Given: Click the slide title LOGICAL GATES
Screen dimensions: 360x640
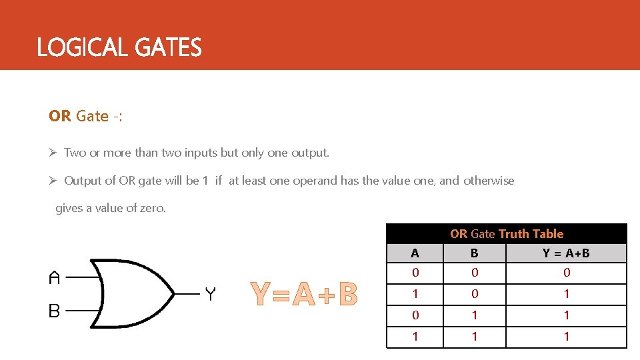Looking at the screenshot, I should (x=119, y=48).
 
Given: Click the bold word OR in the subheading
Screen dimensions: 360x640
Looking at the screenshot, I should (x=59, y=116).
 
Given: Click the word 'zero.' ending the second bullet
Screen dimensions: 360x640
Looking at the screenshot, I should (x=153, y=208).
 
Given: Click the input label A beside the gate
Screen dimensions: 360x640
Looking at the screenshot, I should (x=55, y=277).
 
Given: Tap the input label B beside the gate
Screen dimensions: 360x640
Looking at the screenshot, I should (x=55, y=311).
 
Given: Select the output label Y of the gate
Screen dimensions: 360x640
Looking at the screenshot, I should (x=210, y=293).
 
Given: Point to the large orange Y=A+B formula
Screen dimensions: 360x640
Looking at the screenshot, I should (x=304, y=295).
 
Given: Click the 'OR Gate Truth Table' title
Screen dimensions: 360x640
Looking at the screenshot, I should (x=507, y=234).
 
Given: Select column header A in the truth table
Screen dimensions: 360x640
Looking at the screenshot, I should (x=415, y=253).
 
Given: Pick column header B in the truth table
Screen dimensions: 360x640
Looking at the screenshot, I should (x=474, y=253).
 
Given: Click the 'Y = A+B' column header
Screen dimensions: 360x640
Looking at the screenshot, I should (x=566, y=253).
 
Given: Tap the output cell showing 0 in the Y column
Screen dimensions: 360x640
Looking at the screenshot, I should (x=566, y=273).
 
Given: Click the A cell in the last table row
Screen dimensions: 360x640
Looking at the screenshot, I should (x=415, y=337).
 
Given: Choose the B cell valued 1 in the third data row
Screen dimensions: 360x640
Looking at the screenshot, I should (x=474, y=315).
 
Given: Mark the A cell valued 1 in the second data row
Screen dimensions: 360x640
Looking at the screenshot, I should (x=415, y=294).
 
